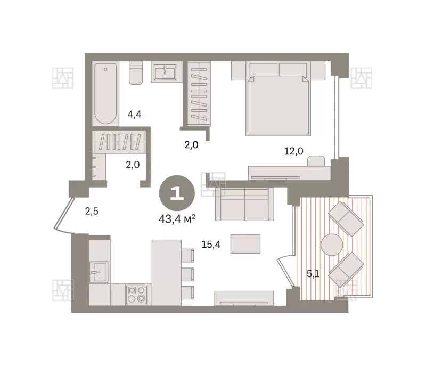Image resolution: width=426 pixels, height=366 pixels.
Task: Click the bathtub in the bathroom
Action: pyautogui.click(x=105, y=93)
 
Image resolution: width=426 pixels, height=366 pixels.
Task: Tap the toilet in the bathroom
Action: pyautogui.click(x=136, y=72)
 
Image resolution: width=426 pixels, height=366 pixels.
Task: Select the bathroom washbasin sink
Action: pyautogui.click(x=165, y=72)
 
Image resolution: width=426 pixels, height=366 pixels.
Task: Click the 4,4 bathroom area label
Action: pyautogui.click(x=135, y=115)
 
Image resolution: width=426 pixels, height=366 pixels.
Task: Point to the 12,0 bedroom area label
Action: pyautogui.click(x=294, y=151)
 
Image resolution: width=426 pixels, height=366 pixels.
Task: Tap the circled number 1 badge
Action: pyautogui.click(x=177, y=193)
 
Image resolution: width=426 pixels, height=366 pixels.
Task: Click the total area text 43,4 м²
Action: pyautogui.click(x=177, y=219)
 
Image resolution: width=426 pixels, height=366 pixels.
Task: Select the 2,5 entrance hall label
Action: pyautogui.click(x=92, y=211)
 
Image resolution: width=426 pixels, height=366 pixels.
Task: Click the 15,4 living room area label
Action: pyautogui.click(x=211, y=245)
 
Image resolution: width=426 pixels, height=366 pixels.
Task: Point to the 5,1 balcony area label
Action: pyautogui.click(x=313, y=274)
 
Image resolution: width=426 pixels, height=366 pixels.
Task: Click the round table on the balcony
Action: pyautogui.click(x=332, y=245)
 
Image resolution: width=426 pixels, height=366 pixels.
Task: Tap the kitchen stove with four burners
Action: pyautogui.click(x=137, y=295)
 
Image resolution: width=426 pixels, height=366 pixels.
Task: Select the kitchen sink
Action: pyautogui.click(x=99, y=272)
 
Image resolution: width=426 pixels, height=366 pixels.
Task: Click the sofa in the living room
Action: pyautogui.click(x=244, y=204)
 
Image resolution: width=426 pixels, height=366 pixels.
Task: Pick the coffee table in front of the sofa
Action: pyautogui.click(x=245, y=243)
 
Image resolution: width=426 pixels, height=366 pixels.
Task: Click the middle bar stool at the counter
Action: pyautogui.click(x=187, y=274)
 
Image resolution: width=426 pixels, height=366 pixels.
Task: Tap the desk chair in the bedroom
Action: pyautogui.click(x=316, y=161)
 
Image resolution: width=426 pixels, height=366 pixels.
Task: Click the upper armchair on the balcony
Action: pyautogui.click(x=346, y=219)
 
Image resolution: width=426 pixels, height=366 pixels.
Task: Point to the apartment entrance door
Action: pyautogui.click(x=64, y=215)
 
